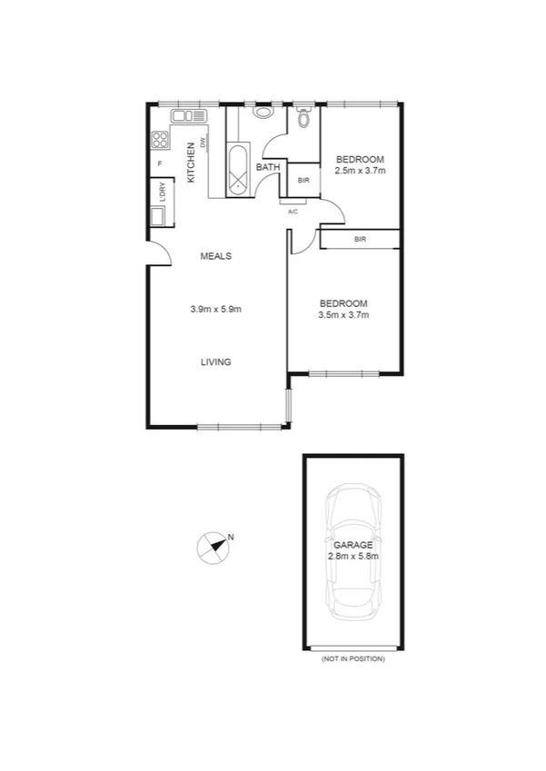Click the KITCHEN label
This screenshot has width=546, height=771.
pos(191,164)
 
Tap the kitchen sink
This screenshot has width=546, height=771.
pos(189,115)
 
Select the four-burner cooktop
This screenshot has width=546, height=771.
pos(160,140)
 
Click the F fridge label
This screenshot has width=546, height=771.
pos(160,163)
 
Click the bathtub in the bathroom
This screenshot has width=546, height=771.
pos(238,170)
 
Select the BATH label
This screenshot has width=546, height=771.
pos(267,168)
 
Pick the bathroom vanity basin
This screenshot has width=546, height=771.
pos(264,113)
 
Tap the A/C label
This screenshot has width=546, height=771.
pos(293,212)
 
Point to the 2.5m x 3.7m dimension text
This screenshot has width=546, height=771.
pos(361,171)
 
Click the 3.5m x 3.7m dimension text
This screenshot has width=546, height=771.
pos(343,315)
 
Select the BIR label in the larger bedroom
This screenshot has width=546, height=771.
pos(361,240)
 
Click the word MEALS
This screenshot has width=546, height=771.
pos(216,256)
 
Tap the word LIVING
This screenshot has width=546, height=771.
pos(216,361)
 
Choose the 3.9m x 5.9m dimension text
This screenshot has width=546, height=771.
pos(215,309)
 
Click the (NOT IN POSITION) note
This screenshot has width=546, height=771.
pos(352,658)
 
